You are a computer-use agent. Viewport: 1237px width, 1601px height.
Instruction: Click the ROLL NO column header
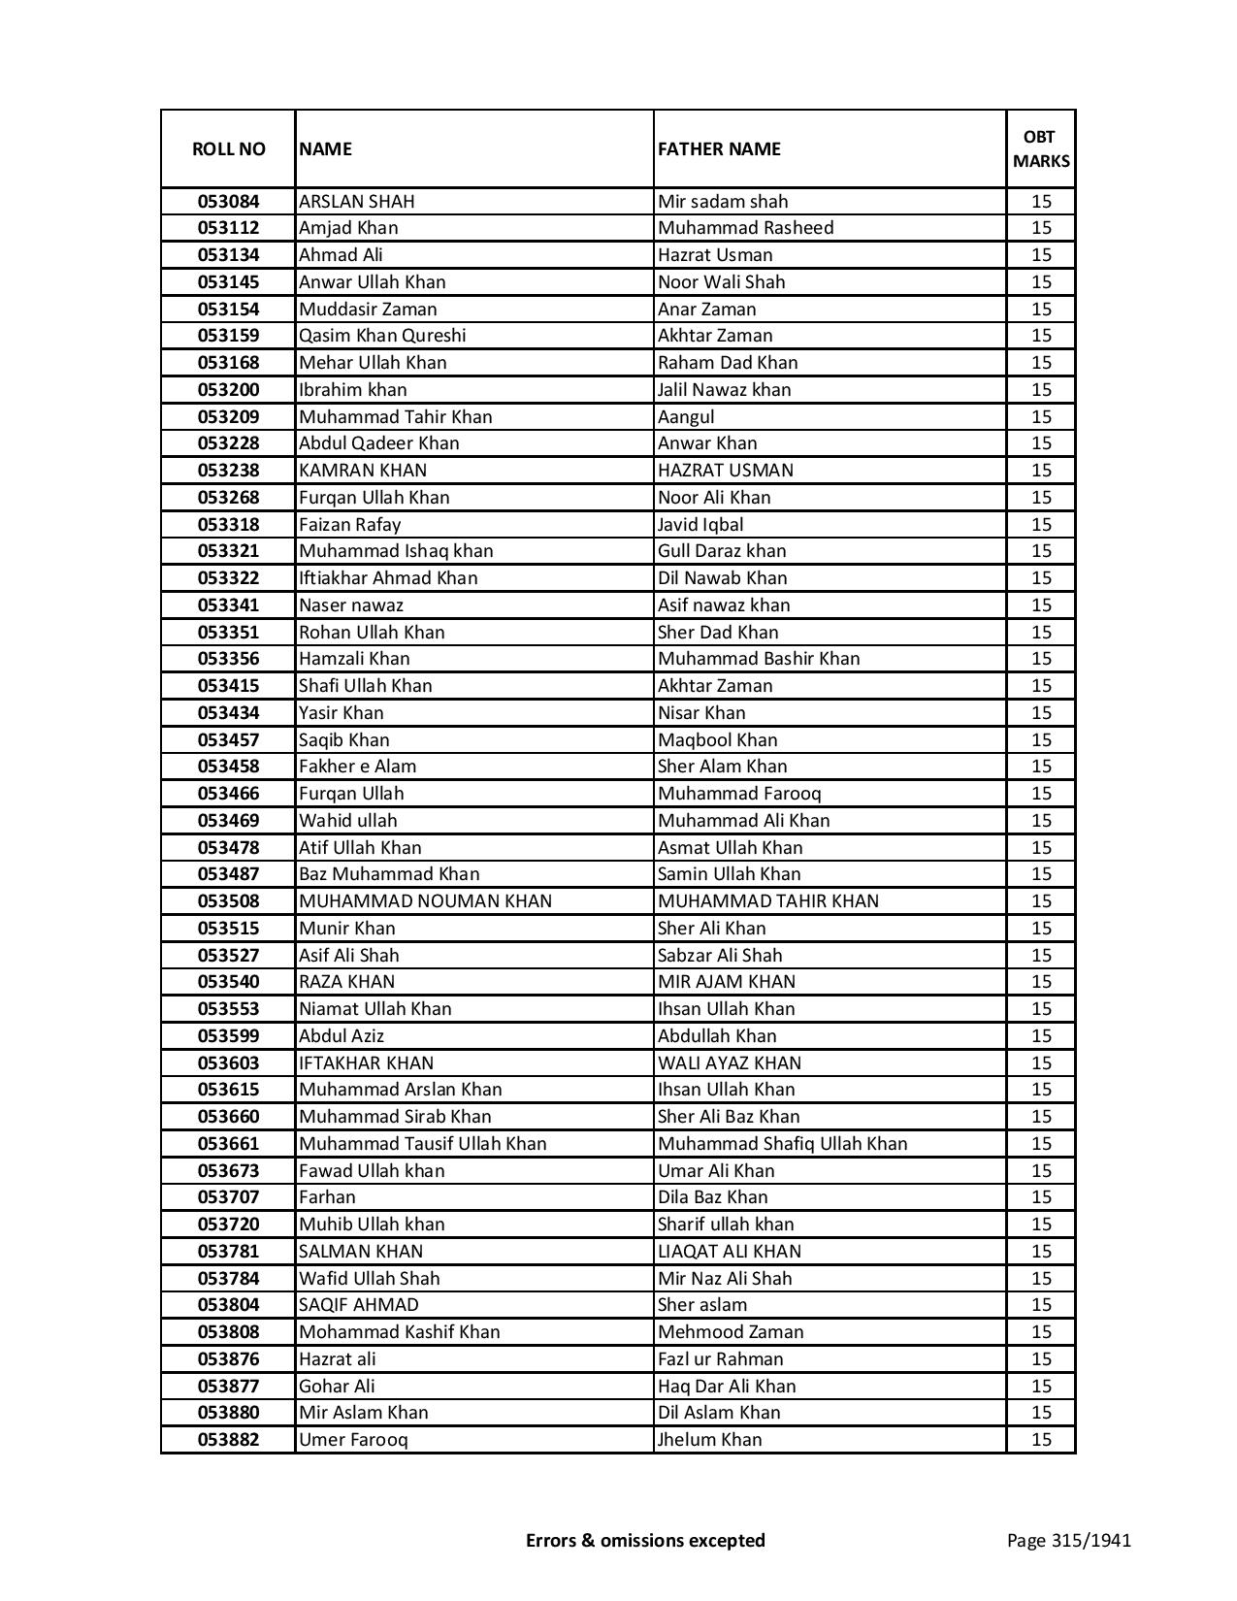[x=228, y=148]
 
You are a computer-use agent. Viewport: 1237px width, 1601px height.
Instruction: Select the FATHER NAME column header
[x=719, y=148]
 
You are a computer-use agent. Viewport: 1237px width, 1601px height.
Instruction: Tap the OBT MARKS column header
[x=1041, y=148]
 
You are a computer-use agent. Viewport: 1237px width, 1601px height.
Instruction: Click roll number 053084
[x=228, y=202]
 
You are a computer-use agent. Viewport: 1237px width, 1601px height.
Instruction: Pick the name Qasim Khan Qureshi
[x=382, y=336]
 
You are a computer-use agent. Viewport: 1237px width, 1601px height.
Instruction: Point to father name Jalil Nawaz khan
[x=724, y=389]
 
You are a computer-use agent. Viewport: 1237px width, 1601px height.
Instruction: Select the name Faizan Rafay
[x=349, y=524]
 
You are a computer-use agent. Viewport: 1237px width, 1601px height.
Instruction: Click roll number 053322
[x=228, y=578]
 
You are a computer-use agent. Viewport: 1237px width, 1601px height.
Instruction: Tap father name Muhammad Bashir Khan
[x=759, y=659]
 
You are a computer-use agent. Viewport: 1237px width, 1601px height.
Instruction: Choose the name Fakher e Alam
[x=357, y=767]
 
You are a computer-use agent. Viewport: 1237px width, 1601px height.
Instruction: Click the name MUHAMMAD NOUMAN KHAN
[x=425, y=901]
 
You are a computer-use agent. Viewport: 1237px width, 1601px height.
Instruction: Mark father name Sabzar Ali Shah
[x=720, y=955]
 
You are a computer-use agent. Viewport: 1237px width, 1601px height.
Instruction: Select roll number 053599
[x=228, y=1036]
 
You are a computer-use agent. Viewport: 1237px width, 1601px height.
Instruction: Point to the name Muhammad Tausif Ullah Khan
[x=422, y=1144]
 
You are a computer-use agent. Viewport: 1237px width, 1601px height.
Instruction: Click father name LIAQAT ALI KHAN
[x=730, y=1252]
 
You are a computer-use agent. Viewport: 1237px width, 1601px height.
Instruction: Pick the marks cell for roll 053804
[x=1041, y=1305]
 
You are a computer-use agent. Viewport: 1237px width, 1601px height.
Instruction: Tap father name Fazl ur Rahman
[x=720, y=1359]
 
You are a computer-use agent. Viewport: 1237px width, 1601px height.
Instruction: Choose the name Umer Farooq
[x=353, y=1440]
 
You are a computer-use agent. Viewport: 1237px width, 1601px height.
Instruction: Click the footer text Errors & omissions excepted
[x=645, y=1540]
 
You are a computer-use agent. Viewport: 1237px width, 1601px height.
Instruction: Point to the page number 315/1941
[x=1069, y=1540]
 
